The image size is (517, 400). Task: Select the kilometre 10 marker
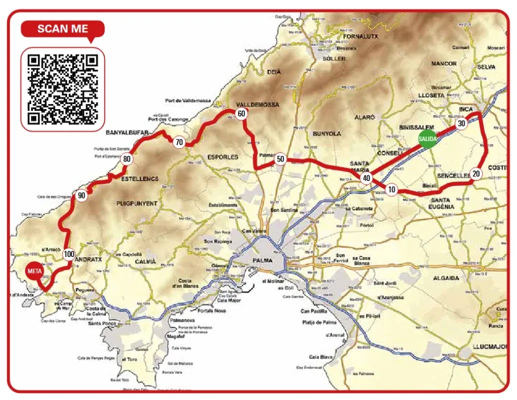pyautogui.click(x=391, y=189)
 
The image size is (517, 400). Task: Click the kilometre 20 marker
pyautogui.click(x=475, y=174)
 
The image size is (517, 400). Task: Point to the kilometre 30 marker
pyautogui.click(x=461, y=123)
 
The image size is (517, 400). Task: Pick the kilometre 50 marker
pyautogui.click(x=280, y=159)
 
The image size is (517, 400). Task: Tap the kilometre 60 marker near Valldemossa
pyautogui.click(x=241, y=114)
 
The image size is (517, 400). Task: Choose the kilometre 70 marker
pyautogui.click(x=178, y=142)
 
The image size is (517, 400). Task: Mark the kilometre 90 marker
pyautogui.click(x=81, y=195)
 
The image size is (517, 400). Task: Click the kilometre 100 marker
pyautogui.click(x=68, y=254)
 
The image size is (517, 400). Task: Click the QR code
pyautogui.click(x=62, y=89)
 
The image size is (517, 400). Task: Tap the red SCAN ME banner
pyautogui.click(x=62, y=28)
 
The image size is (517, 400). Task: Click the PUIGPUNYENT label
pyautogui.click(x=136, y=203)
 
